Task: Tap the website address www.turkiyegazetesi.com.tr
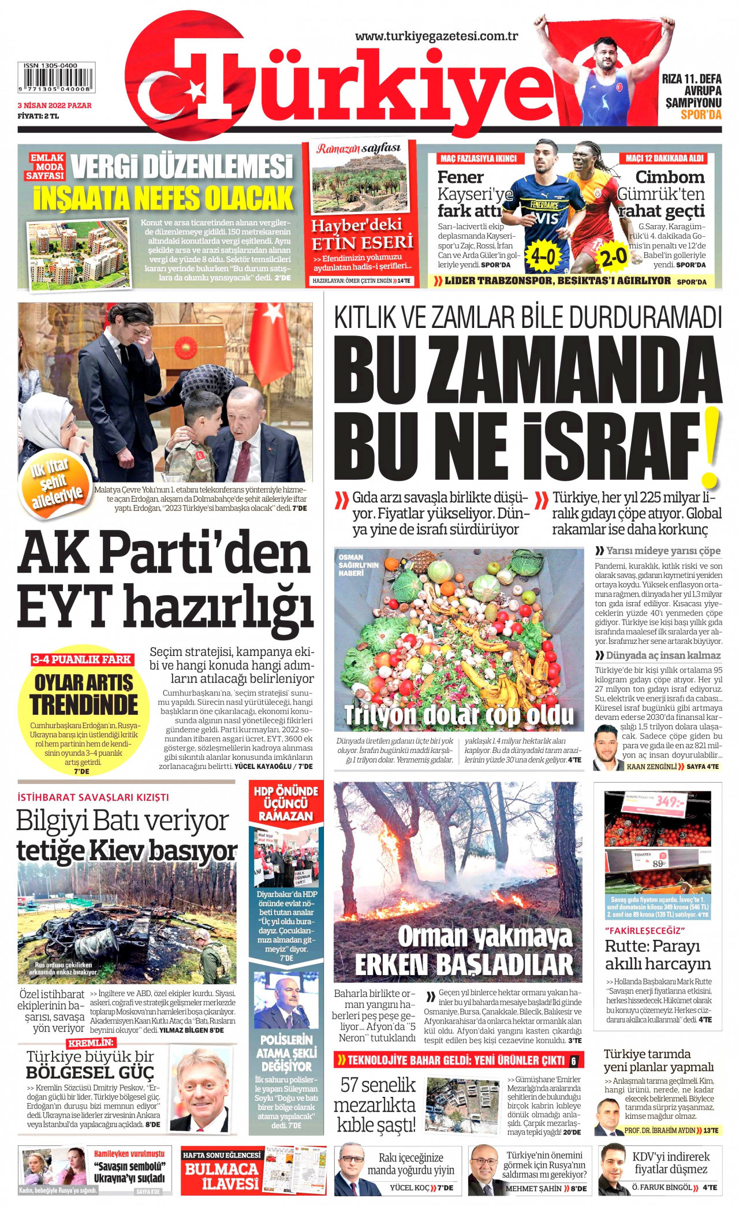pos(436,36)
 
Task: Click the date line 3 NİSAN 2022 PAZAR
pos(54,106)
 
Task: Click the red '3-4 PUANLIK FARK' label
pos(81,659)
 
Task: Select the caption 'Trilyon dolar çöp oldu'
pos(458,715)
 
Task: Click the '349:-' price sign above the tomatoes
pos(669,802)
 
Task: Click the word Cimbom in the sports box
pos(670,177)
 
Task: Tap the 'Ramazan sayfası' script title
pos(358,150)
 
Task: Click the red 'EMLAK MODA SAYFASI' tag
pos(47,167)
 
